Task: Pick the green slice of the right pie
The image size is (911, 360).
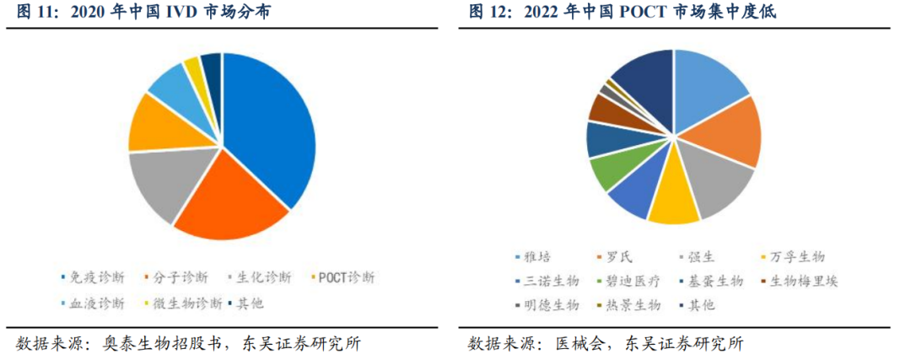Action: (x=609, y=173)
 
